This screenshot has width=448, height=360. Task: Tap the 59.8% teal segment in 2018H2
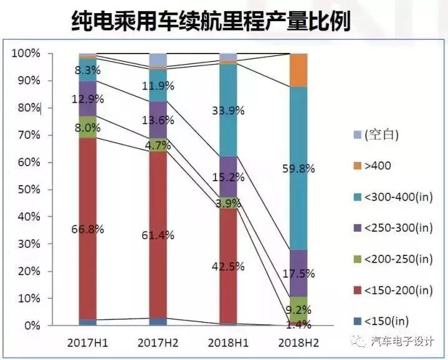299,168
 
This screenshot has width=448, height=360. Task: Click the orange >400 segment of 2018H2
299,70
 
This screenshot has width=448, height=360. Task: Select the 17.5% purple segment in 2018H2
299,273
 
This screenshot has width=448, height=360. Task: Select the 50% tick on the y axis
29,189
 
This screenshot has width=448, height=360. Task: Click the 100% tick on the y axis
26,54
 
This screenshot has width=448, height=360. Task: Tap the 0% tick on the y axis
31,326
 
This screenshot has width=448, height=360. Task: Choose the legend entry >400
378,166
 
